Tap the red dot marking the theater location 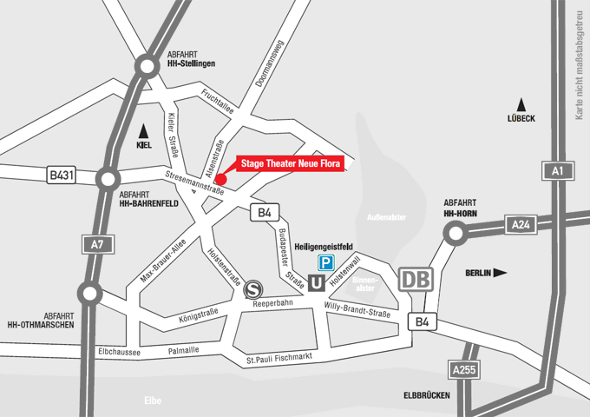tap(220, 179)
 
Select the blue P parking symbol tap(324, 262)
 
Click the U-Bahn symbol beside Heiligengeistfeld tap(317, 281)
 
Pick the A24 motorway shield tap(521, 225)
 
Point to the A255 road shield tap(465, 371)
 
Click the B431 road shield tap(62, 175)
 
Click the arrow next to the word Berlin tap(500, 273)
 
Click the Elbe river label tap(153, 400)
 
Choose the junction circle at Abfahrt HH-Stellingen tap(145, 64)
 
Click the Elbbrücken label tap(425, 395)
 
